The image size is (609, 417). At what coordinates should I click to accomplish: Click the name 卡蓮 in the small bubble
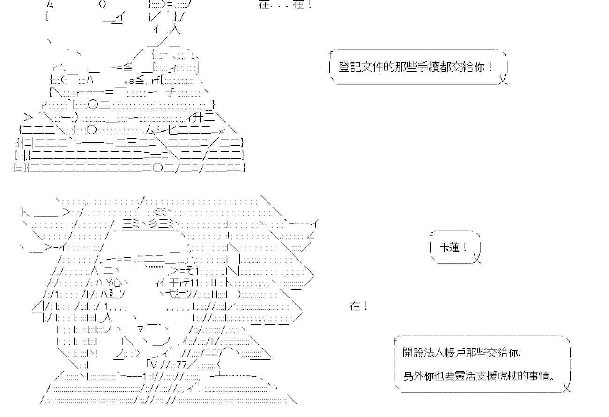(450, 247)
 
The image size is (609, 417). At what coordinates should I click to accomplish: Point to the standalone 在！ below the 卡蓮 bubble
(358, 307)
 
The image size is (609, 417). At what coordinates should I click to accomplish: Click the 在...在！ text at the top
(284, 6)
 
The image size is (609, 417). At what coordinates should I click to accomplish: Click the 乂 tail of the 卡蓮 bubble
(477, 258)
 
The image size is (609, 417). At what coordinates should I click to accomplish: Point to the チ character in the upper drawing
(171, 92)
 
